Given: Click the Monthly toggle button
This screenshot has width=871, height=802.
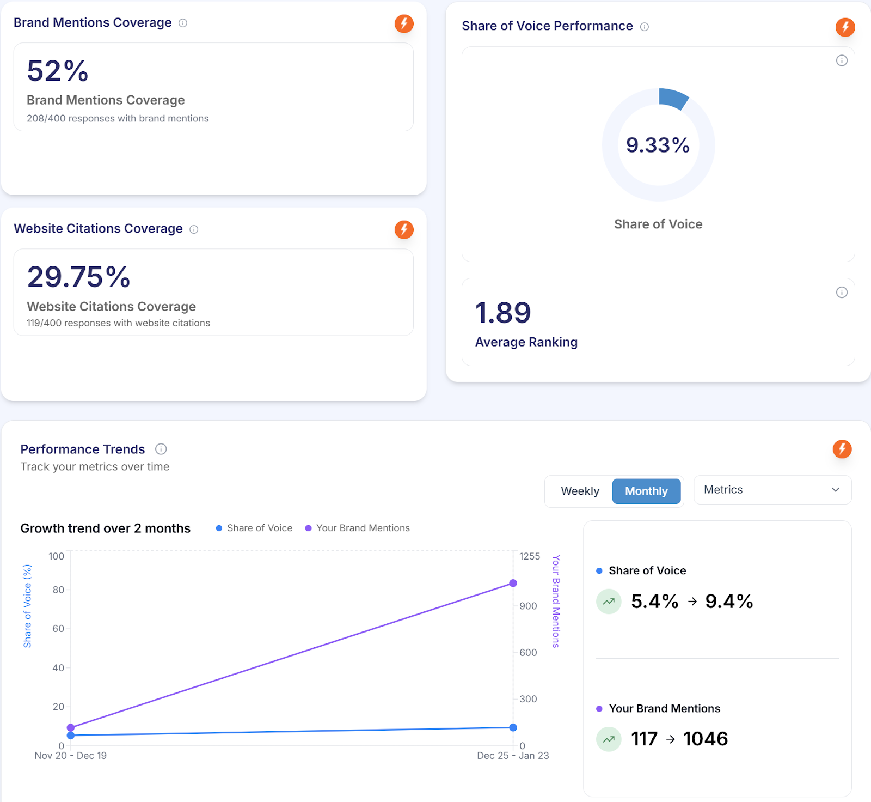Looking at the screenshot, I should click(646, 491).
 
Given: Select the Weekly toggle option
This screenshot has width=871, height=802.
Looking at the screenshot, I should click(580, 491).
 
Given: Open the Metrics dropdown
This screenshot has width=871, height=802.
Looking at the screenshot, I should click(772, 490).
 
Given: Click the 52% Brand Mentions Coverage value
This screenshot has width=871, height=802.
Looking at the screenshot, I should click(58, 71).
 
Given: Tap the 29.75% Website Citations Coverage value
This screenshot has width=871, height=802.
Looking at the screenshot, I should click(79, 277).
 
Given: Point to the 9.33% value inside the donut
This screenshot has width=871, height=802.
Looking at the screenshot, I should click(658, 145).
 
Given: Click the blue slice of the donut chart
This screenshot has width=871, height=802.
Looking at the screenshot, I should click(673, 98).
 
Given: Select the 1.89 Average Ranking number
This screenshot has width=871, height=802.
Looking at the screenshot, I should click(502, 313).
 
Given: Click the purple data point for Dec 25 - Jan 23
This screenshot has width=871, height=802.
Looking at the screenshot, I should click(513, 583).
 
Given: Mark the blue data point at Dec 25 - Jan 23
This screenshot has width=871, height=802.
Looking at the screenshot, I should click(513, 727).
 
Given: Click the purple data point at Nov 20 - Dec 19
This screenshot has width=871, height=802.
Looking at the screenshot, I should click(71, 727).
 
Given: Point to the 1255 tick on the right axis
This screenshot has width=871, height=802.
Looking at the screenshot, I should click(529, 556).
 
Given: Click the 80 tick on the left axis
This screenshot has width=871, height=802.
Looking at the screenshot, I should click(58, 590).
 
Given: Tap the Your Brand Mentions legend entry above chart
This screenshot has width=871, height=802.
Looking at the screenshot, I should click(358, 528).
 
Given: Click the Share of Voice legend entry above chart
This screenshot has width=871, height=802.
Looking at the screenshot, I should click(254, 528).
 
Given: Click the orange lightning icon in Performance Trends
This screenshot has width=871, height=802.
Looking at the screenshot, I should click(842, 449).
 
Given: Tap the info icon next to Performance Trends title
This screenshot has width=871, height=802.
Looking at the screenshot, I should click(161, 449).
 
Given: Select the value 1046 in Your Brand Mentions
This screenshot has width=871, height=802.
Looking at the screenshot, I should click(705, 739).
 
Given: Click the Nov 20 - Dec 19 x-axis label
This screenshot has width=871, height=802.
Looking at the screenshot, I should click(71, 756).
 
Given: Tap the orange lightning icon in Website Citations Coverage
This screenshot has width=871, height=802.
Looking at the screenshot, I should click(404, 229).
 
